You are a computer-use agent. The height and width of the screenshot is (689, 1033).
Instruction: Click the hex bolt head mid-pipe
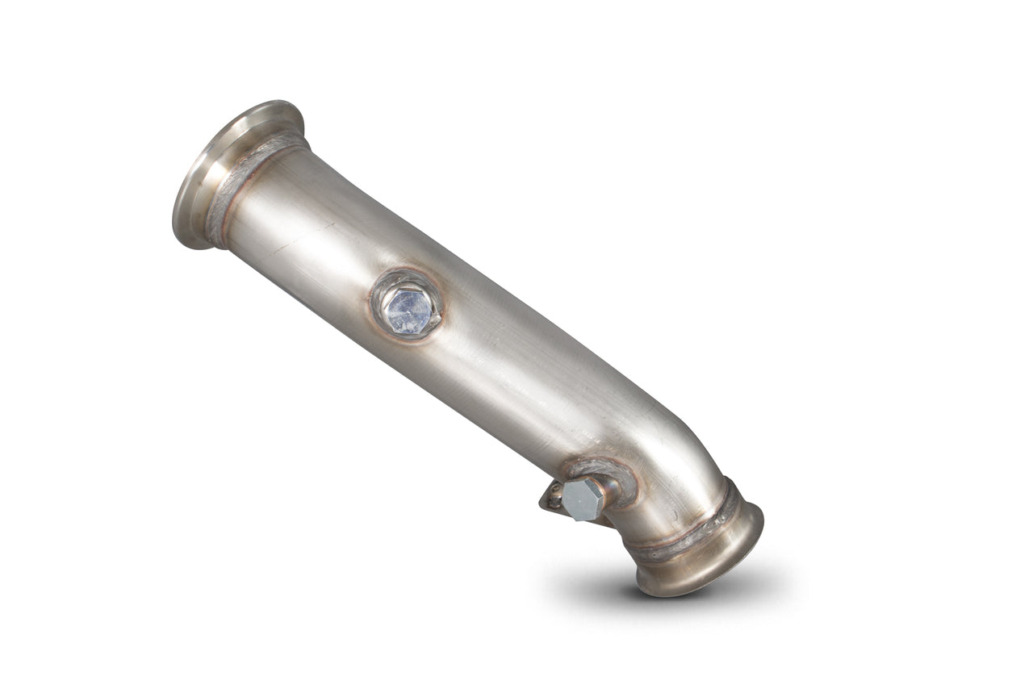click(408, 311)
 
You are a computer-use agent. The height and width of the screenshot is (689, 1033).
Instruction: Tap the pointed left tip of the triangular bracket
click(541, 506)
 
